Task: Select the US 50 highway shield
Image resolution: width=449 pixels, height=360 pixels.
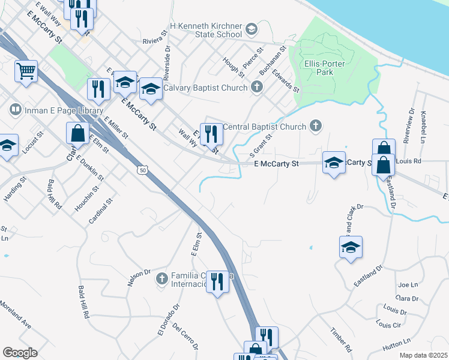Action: pyautogui.click(x=142, y=170)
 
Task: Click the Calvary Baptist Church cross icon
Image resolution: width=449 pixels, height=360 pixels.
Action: pyautogui.click(x=256, y=88)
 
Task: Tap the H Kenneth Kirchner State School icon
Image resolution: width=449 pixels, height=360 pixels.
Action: pyautogui.click(x=251, y=29)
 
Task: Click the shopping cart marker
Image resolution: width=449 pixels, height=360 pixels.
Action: pyautogui.click(x=26, y=71)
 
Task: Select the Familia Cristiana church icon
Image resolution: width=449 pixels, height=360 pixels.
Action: pyautogui.click(x=161, y=278)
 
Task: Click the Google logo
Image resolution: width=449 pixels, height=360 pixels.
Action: pyautogui.click(x=20, y=353)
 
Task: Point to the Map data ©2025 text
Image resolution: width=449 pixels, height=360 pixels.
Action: pyautogui.click(x=423, y=355)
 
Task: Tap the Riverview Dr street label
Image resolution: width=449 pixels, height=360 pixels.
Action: pyautogui.click(x=409, y=125)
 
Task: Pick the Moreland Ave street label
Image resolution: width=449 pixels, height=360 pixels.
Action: pyautogui.click(x=16, y=313)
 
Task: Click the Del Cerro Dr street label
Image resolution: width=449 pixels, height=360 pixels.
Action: pyautogui.click(x=185, y=337)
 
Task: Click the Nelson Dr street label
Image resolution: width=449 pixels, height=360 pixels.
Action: pyautogui.click(x=139, y=278)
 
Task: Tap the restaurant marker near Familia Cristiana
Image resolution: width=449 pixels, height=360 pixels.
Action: pyautogui.click(x=217, y=281)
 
